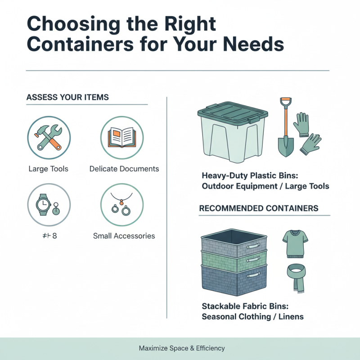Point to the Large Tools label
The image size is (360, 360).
point(48,169)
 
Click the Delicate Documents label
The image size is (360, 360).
point(124,169)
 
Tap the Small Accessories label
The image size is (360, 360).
point(124,236)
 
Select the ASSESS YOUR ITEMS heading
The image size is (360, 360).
point(67,98)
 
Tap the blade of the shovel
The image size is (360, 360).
point(285,147)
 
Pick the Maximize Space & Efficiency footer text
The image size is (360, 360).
point(182,348)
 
